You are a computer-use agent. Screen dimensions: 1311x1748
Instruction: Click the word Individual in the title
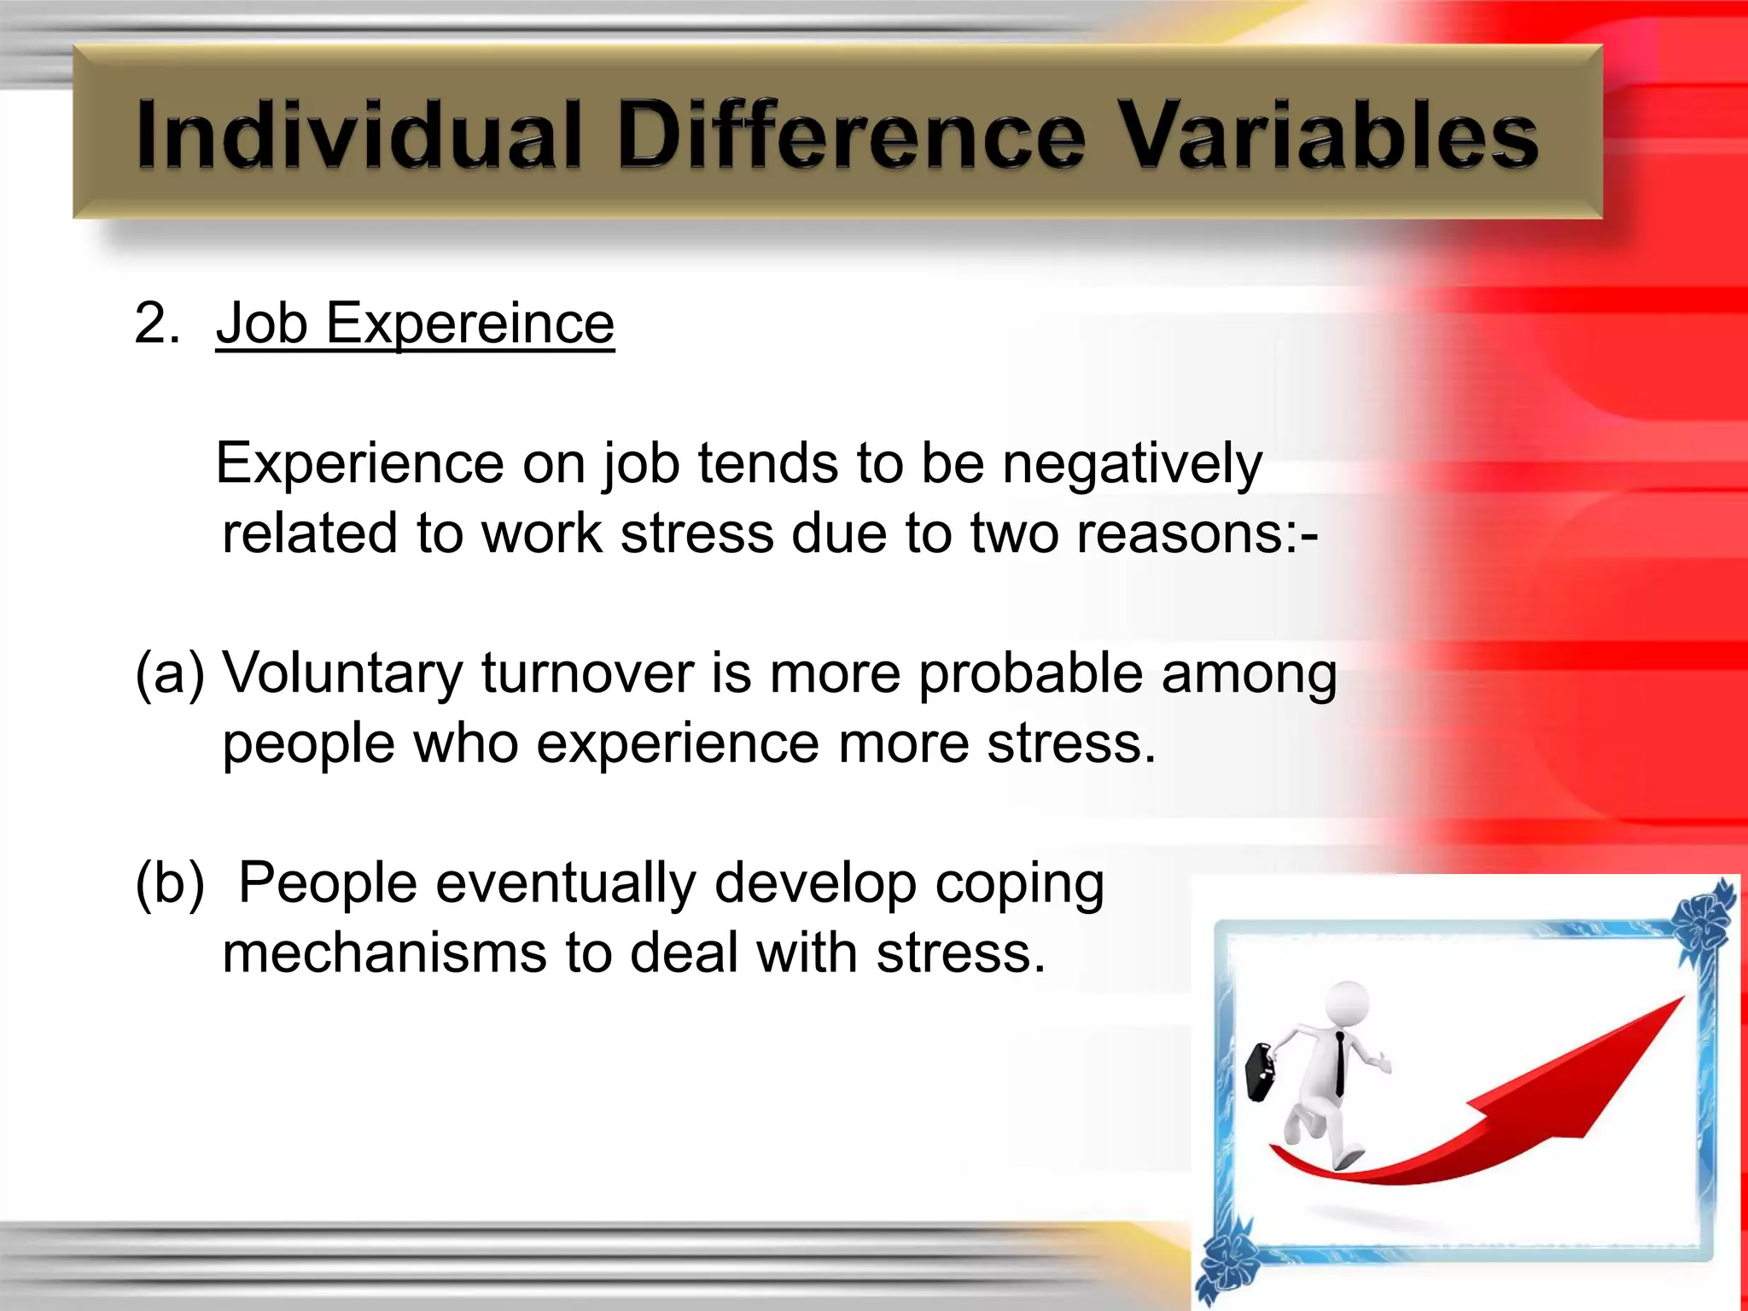[358, 135]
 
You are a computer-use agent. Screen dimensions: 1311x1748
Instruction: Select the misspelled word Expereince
[469, 324]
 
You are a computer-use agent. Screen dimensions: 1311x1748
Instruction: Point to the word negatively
[1132, 464]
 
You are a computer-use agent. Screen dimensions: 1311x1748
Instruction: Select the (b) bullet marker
[170, 883]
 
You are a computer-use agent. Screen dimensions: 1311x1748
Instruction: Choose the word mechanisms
[384, 953]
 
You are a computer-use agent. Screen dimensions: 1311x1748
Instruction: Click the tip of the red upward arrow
[1681, 999]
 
